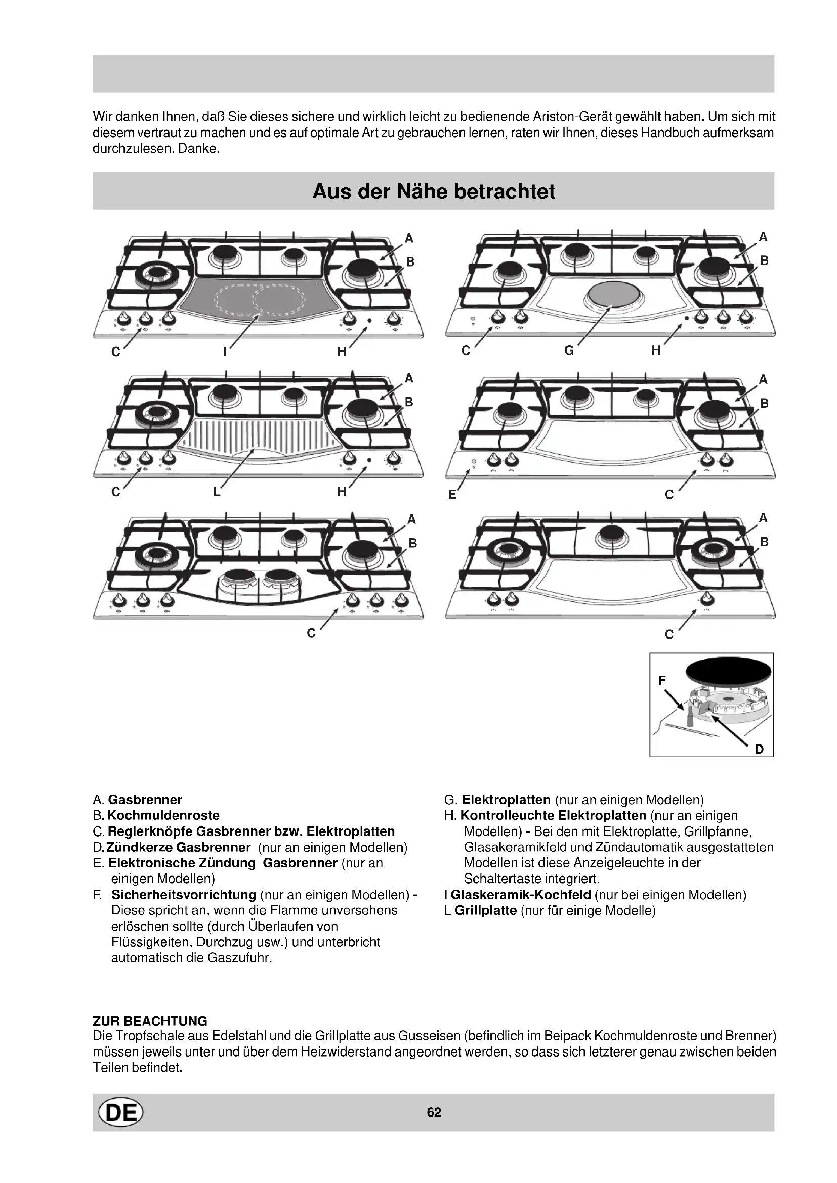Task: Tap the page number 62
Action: click(x=434, y=1112)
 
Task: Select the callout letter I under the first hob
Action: click(x=225, y=353)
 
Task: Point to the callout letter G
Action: click(x=569, y=351)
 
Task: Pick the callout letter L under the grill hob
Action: click(x=217, y=492)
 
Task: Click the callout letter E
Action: click(x=452, y=495)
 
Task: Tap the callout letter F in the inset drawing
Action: click(x=662, y=681)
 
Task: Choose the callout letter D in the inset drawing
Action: click(x=759, y=749)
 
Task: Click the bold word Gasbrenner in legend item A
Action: click(x=145, y=800)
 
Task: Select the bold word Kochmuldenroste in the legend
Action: click(x=163, y=815)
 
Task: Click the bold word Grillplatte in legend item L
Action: click(x=485, y=910)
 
